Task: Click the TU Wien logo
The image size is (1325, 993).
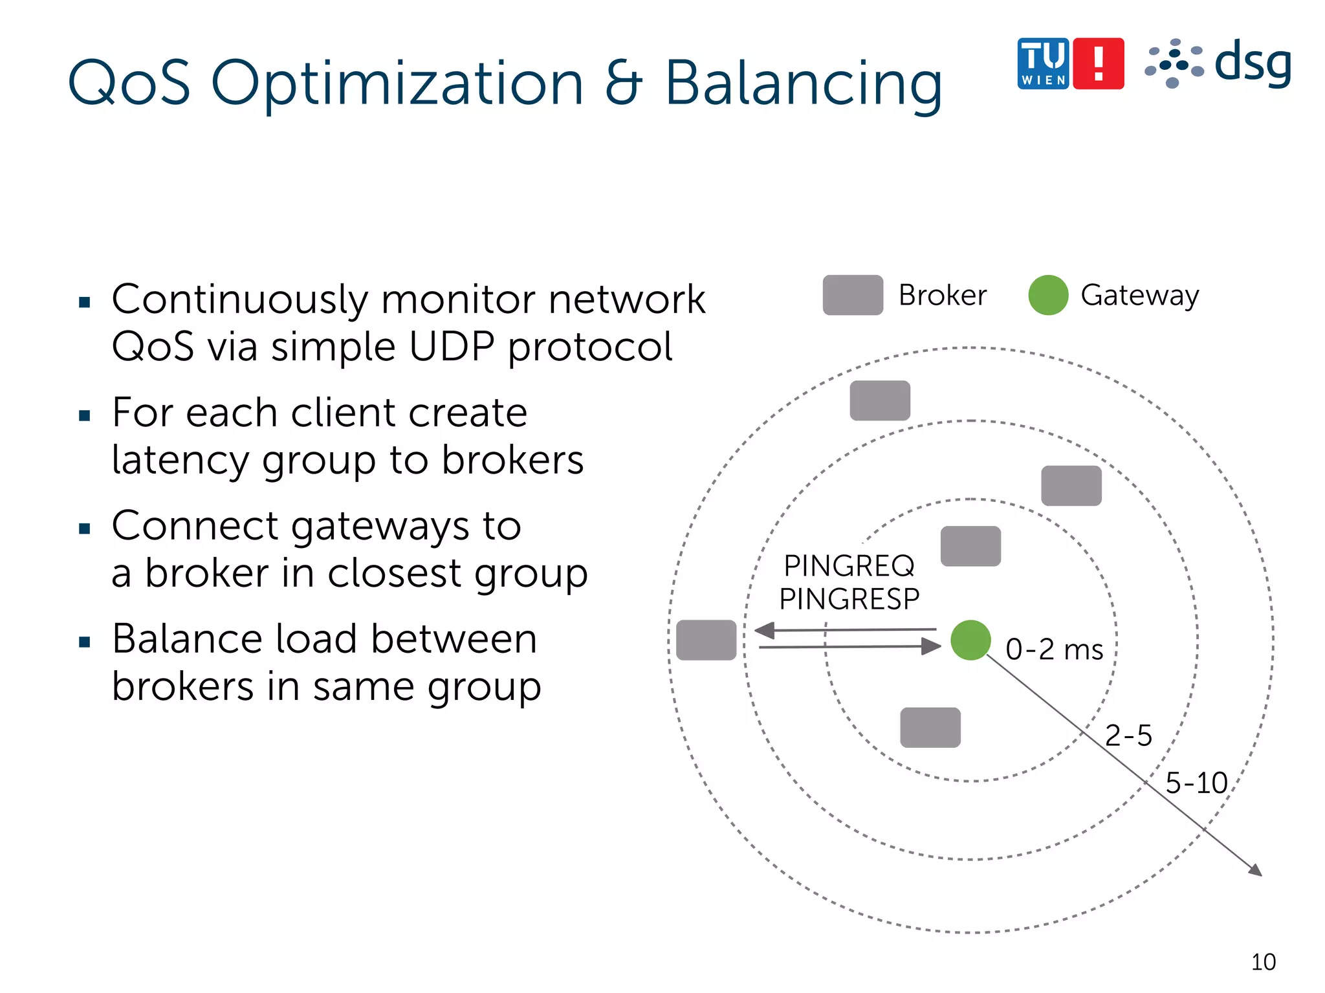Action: click(x=1043, y=63)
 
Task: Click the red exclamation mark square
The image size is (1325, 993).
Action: click(x=1098, y=63)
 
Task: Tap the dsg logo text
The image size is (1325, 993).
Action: click(x=1253, y=63)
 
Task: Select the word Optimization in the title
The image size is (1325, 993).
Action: click(x=397, y=84)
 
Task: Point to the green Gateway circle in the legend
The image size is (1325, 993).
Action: click(x=1047, y=295)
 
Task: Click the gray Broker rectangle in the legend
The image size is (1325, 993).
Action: click(x=852, y=295)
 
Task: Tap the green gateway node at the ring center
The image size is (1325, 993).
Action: click(x=970, y=640)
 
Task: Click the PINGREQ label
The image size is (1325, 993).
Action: click(x=849, y=566)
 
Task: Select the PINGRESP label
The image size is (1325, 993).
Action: click(x=849, y=599)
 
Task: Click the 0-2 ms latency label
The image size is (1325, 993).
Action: click(x=1054, y=649)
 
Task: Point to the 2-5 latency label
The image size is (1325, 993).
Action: click(x=1128, y=736)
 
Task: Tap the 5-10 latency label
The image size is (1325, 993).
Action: click(x=1196, y=783)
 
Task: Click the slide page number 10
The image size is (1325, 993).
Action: click(x=1263, y=962)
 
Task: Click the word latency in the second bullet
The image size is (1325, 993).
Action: click(x=180, y=461)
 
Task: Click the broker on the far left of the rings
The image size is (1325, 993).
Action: click(x=706, y=640)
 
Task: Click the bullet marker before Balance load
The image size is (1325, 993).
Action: click(x=84, y=642)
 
